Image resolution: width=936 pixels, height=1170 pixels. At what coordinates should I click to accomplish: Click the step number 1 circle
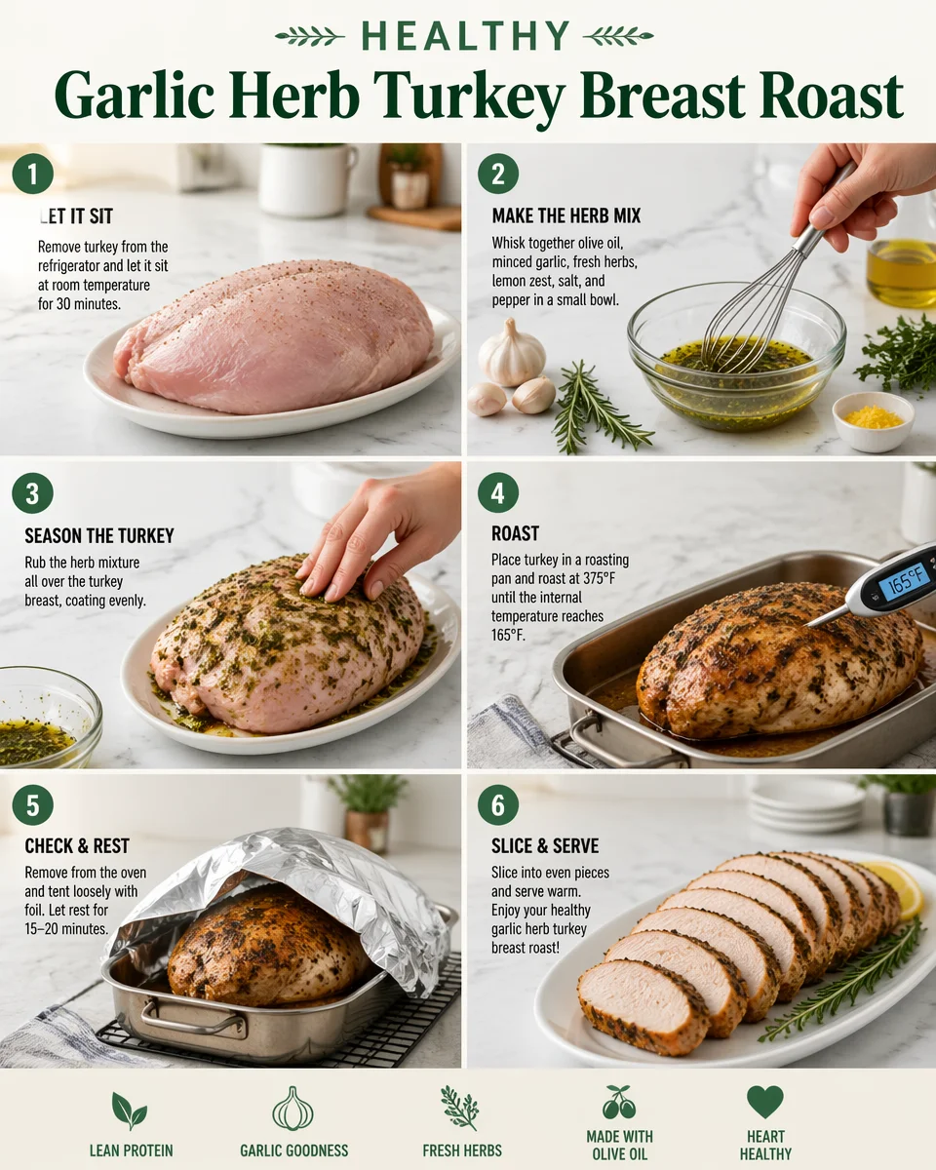tap(32, 175)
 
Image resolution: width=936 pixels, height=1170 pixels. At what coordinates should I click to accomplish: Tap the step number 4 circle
tap(497, 493)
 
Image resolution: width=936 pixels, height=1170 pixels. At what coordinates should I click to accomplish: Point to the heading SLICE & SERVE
tap(545, 845)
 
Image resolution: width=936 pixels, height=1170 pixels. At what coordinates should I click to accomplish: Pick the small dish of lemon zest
tap(874, 420)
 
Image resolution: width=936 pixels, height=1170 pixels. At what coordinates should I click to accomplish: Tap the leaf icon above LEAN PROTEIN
tap(129, 1110)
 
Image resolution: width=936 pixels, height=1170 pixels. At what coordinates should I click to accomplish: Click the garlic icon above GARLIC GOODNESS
tap(293, 1109)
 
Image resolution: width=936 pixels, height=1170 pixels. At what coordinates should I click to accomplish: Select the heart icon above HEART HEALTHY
tap(765, 1102)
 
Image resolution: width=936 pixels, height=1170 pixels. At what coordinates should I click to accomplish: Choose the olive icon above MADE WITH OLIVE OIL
tap(619, 1103)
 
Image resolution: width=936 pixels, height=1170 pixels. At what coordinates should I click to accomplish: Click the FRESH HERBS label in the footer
tap(462, 1150)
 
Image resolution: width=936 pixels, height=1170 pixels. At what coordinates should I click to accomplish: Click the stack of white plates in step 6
tap(807, 805)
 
